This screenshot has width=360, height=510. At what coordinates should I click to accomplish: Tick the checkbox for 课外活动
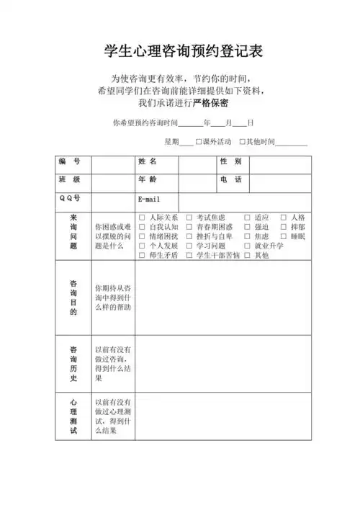point(199,141)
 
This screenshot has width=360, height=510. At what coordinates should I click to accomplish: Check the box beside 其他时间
point(243,141)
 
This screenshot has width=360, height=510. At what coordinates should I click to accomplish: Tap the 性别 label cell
point(231,161)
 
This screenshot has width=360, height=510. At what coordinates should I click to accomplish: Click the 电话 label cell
point(231,179)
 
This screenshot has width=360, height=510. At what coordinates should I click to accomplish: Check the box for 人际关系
point(142,218)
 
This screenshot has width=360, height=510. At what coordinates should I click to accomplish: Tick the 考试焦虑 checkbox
point(189,218)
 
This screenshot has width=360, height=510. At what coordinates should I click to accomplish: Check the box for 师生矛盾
point(142,255)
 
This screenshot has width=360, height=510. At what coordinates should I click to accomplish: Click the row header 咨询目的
point(73,297)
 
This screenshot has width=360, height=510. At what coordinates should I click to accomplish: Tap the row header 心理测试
point(73,416)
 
